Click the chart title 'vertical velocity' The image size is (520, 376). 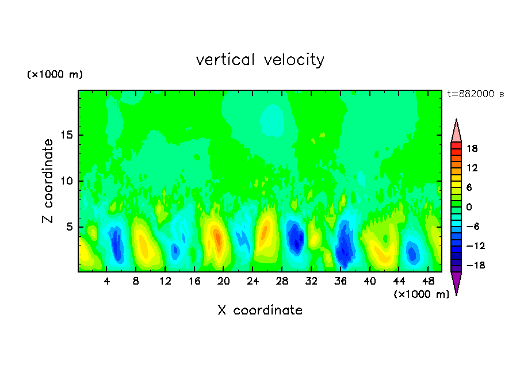point(260,60)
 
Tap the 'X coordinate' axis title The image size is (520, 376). point(260,310)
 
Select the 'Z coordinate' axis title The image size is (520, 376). point(48,181)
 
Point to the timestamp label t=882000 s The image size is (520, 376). point(476,94)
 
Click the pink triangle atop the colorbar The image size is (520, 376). point(456,131)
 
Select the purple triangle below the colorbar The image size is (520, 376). point(456,283)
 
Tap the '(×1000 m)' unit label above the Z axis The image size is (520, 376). point(55,75)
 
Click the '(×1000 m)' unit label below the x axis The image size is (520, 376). point(422,294)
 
